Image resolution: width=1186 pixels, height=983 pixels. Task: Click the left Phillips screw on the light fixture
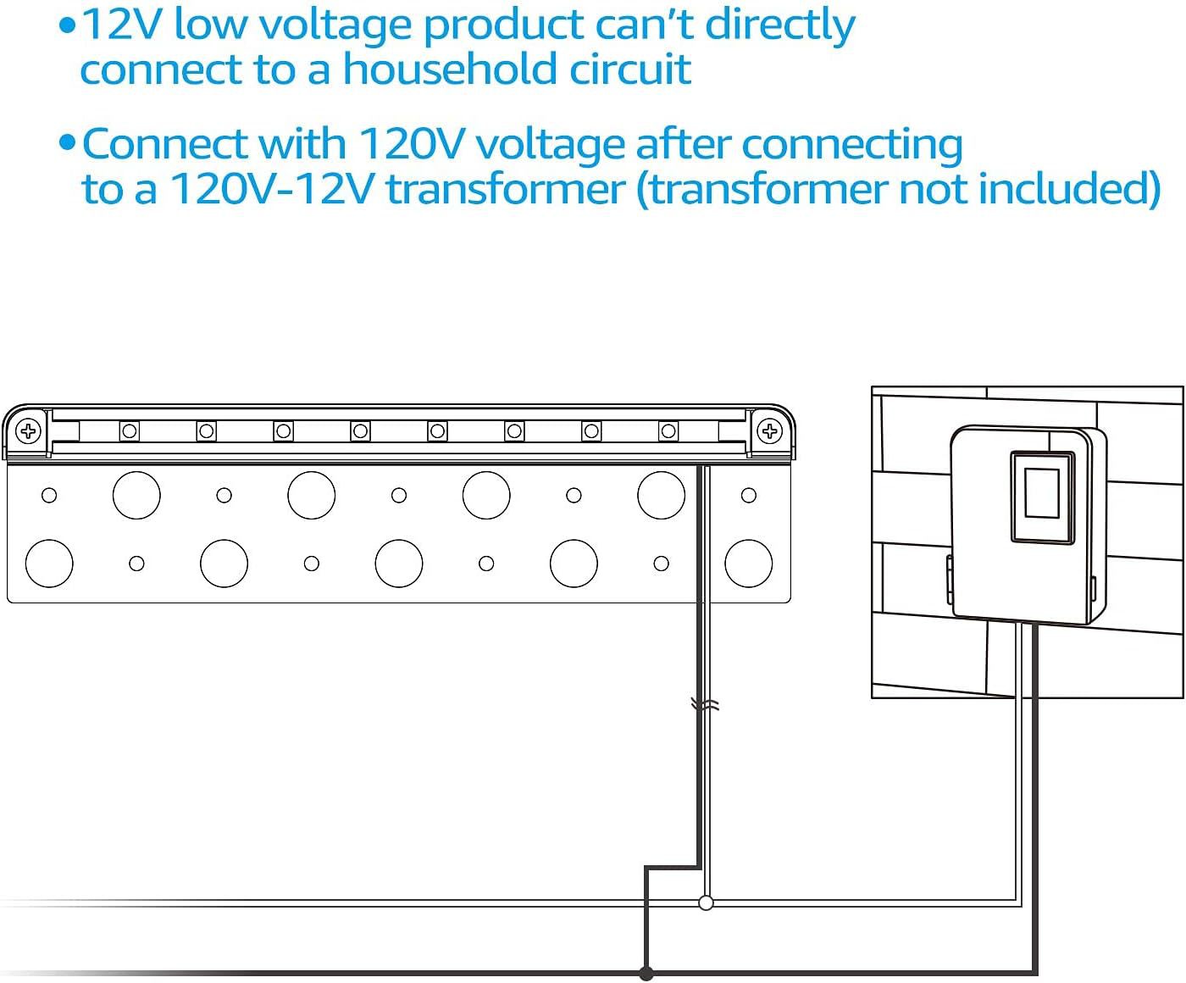(x=30, y=430)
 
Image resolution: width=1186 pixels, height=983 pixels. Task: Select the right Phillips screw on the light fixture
(x=769, y=430)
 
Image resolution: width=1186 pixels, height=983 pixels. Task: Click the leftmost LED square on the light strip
(x=129, y=431)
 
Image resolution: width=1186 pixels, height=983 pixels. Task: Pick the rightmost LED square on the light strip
(x=668, y=431)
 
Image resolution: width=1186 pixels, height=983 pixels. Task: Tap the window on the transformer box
(x=1041, y=495)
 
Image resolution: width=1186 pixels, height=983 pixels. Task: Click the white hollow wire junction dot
(x=706, y=902)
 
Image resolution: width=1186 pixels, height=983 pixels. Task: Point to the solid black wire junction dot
(x=646, y=973)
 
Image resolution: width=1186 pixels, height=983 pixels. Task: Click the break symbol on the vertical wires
(x=705, y=704)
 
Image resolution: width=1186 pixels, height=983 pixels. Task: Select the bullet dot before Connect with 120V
(x=68, y=143)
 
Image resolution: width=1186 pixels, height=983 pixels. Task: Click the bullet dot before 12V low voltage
(x=68, y=25)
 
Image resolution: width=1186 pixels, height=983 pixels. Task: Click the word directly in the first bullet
(x=780, y=25)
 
